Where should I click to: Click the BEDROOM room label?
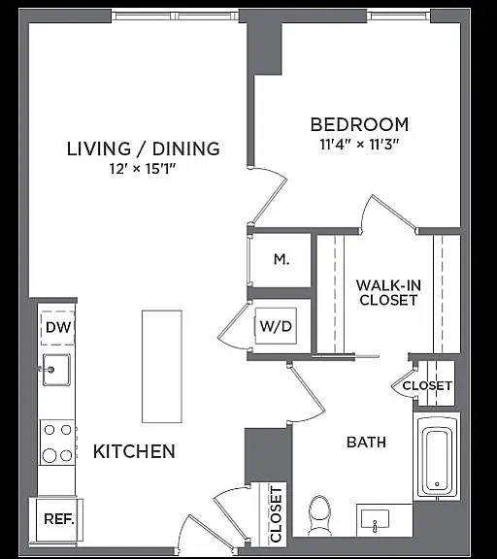[359, 124]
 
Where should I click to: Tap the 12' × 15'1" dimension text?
[143, 169]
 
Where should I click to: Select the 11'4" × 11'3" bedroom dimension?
[359, 145]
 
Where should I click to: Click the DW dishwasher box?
[58, 328]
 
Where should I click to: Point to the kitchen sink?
[56, 370]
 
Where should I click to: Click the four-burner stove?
[57, 443]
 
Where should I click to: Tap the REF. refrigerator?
[59, 519]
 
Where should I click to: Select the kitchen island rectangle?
[162, 366]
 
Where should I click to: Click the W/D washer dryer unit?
[276, 326]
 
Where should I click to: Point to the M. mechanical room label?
[282, 259]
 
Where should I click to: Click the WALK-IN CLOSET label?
[388, 293]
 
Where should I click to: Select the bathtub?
[437, 457]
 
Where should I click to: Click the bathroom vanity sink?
[375, 520]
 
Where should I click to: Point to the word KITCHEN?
[134, 451]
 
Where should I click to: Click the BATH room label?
[367, 443]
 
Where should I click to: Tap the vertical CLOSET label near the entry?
[277, 514]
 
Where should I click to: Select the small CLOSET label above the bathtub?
[427, 385]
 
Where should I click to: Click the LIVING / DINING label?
[144, 148]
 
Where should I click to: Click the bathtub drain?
[437, 483]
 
